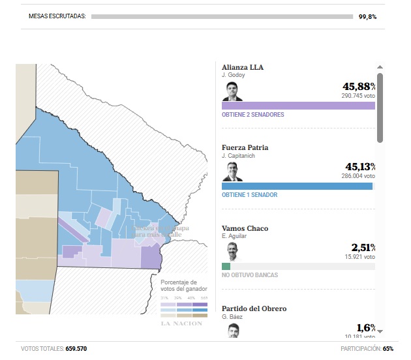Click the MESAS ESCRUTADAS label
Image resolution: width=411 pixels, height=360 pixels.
click(x=57, y=16)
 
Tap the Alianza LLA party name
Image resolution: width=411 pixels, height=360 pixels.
click(x=243, y=67)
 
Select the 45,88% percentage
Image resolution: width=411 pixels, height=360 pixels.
click(x=359, y=87)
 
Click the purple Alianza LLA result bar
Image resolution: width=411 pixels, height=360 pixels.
click(x=298, y=105)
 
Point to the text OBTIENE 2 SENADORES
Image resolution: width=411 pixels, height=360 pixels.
click(x=253, y=115)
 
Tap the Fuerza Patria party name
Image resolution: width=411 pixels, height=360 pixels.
click(x=245, y=148)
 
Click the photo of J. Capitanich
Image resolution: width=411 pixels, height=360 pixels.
click(x=232, y=172)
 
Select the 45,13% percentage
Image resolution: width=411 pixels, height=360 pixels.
click(x=359, y=168)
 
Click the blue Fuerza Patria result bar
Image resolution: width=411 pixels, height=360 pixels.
click(x=297, y=186)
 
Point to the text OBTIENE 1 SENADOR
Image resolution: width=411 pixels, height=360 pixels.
click(x=250, y=195)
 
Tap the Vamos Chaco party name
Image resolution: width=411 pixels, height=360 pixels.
click(x=245, y=228)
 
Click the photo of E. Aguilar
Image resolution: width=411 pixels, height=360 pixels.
click(x=232, y=252)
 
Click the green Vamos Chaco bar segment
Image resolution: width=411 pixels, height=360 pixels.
click(x=226, y=266)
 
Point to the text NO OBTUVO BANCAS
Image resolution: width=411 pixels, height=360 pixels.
click(x=250, y=275)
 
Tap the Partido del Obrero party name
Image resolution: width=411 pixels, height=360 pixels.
click(x=254, y=308)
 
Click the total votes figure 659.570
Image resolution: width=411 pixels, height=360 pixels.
click(x=76, y=349)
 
